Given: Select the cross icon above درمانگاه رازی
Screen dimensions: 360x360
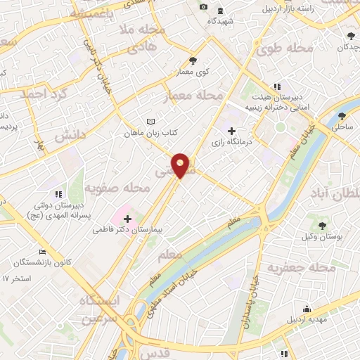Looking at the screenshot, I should point(232,131).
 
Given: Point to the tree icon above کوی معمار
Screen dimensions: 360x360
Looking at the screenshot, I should point(193,60).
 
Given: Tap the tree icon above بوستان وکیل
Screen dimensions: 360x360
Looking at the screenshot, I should point(322,226).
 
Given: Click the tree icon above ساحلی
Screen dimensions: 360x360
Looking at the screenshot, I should point(342,116).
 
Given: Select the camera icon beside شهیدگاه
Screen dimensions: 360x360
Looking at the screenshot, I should point(203,7).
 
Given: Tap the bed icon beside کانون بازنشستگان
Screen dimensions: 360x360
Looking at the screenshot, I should point(44,252).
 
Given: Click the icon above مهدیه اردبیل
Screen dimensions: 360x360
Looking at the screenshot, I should point(307,309).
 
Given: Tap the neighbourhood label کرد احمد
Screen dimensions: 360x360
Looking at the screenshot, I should point(43,94).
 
